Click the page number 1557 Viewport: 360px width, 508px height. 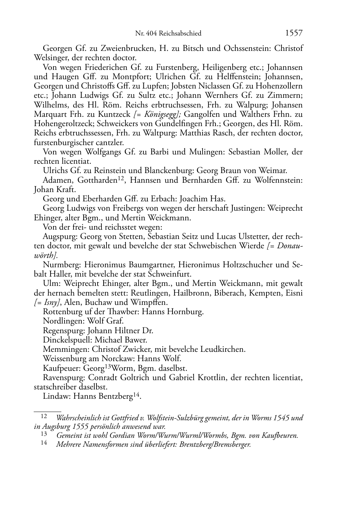(294, 33)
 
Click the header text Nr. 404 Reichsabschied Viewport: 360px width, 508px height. (168, 34)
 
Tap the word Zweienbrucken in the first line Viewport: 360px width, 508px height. (127, 48)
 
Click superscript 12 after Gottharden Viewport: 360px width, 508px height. (121, 178)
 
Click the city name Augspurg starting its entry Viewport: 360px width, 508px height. (59, 236)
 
